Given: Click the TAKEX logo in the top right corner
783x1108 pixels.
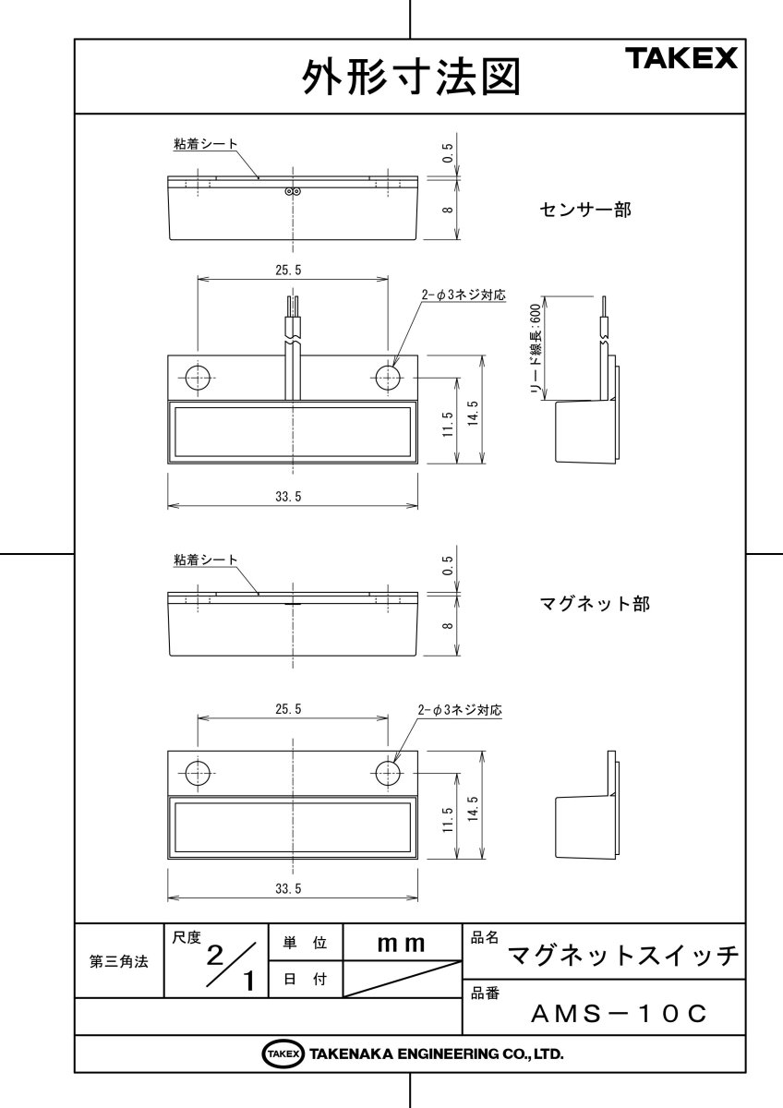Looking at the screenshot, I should (682, 59).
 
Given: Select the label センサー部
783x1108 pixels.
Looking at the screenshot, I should (585, 210).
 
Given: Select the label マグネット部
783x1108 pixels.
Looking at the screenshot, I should (594, 604).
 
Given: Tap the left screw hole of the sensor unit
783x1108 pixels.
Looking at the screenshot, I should (198, 377).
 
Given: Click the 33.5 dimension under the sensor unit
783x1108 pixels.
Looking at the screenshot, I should (288, 496).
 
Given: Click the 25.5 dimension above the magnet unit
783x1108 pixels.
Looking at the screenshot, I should (288, 709).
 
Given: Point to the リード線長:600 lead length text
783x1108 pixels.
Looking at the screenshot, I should (535, 352).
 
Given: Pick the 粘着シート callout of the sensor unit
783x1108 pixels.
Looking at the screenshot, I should (205, 144).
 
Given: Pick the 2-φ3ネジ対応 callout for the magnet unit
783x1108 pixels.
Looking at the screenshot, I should (460, 710).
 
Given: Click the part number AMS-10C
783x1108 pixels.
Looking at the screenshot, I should (620, 1014).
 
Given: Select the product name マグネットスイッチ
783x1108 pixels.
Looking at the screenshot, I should (625, 955).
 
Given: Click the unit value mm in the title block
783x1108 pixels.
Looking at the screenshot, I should (401, 944).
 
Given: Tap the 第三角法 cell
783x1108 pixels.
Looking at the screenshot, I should (118, 961).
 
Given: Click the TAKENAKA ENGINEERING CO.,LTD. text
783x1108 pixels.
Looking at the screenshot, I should (436, 1054).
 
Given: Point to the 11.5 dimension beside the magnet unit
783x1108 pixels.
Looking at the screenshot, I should (448, 819).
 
